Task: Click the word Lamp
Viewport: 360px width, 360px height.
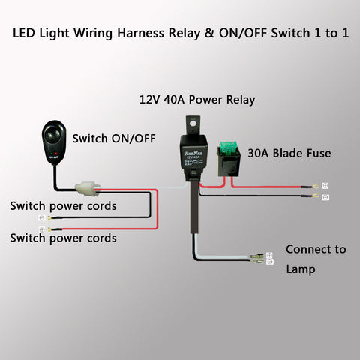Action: [300, 268]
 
